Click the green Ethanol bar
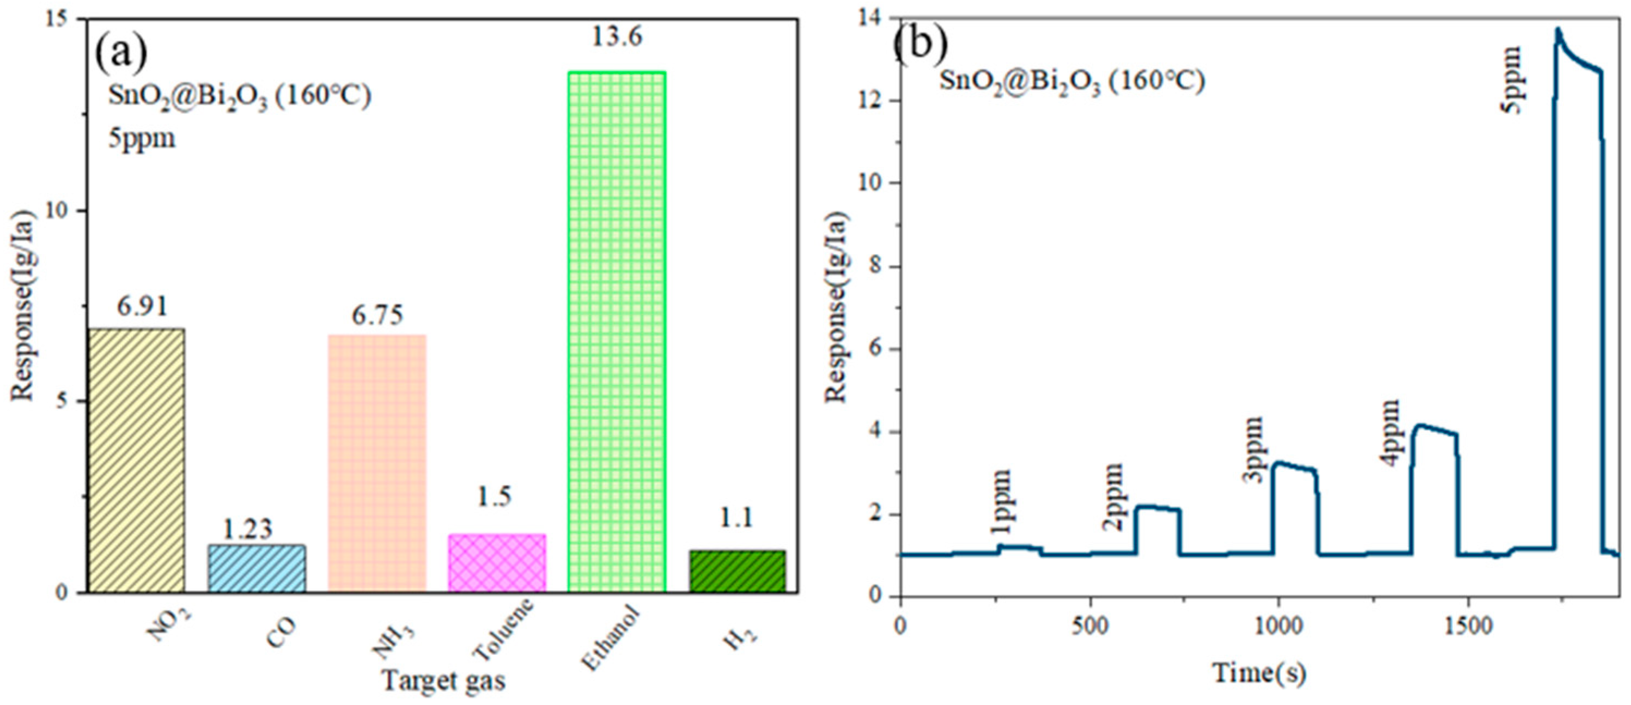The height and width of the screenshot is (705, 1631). tap(616, 332)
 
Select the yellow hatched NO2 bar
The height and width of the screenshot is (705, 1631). tap(136, 460)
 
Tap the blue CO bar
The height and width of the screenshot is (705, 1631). tap(257, 568)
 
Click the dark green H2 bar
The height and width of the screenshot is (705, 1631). tap(738, 571)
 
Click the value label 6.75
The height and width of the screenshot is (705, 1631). tap(378, 315)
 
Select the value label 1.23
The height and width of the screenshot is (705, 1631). tap(247, 529)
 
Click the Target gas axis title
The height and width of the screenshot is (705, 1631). tap(443, 681)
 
